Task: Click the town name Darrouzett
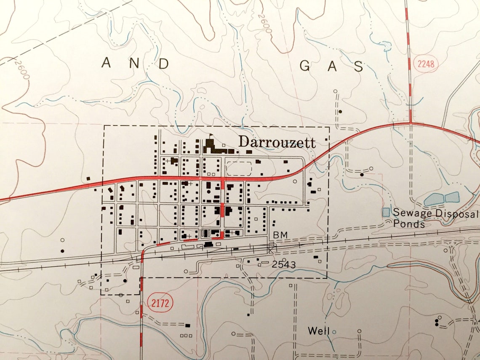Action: point(277,142)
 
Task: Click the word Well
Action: point(318,331)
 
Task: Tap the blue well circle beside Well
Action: point(334,332)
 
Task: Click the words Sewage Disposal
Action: point(435,213)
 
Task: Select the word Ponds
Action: point(409,224)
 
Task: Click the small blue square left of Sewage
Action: point(386,213)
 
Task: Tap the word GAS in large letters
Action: point(331,66)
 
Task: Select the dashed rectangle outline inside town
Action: point(239,169)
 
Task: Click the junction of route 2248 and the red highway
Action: point(411,123)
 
